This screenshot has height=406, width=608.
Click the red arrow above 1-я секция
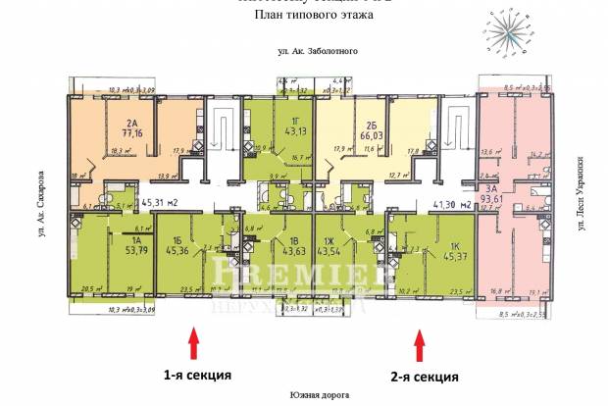(x=193, y=344)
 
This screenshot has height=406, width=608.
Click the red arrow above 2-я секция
(x=421, y=344)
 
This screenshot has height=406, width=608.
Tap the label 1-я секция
(x=197, y=374)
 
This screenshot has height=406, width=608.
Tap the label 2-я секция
(x=425, y=377)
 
